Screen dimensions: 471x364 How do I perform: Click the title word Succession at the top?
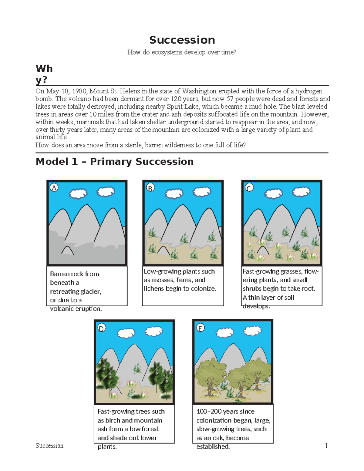(182, 40)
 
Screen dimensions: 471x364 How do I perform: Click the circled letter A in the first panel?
(54, 188)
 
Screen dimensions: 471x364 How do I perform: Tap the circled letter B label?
(150, 188)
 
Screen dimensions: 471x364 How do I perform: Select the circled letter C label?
(249, 188)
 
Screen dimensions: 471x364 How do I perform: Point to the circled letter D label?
(101, 328)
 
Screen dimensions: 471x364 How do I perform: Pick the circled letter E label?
(200, 328)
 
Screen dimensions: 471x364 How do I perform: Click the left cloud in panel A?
(78, 193)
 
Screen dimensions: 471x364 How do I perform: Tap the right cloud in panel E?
(253, 331)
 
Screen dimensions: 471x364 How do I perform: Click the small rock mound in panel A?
(68, 251)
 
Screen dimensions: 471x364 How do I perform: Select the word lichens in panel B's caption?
(154, 288)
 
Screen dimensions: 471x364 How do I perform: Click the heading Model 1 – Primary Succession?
(115, 162)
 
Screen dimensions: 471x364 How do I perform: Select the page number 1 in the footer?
(326, 446)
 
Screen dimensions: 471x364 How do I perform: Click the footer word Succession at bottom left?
(49, 446)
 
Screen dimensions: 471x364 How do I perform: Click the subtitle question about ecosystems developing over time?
(182, 52)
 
